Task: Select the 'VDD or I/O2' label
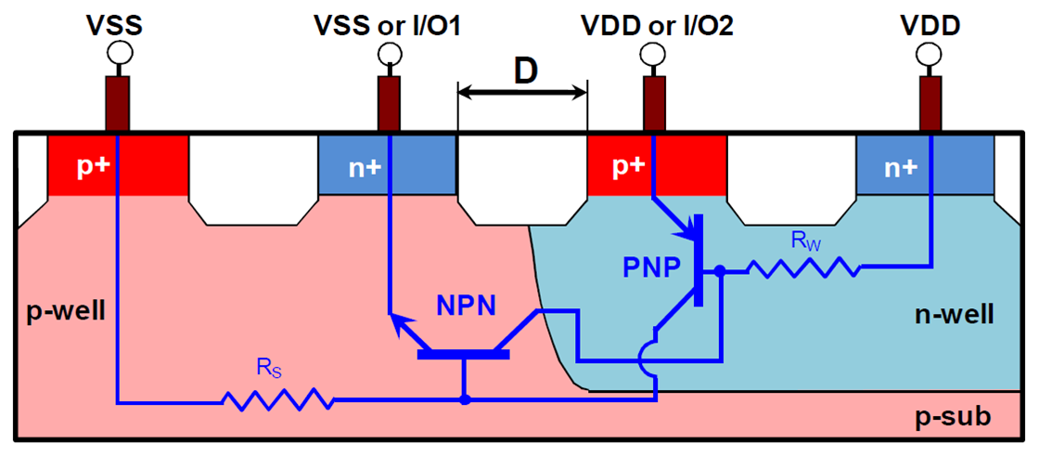tap(657, 25)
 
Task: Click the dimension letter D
tap(525, 71)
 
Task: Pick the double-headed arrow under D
tap(522, 91)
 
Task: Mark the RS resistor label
tap(269, 370)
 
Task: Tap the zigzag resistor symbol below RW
tap(802, 269)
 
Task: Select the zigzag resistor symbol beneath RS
tap(276, 400)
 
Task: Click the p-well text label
tap(61, 308)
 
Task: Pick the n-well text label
tap(956, 315)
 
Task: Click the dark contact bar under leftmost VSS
tap(118, 105)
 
